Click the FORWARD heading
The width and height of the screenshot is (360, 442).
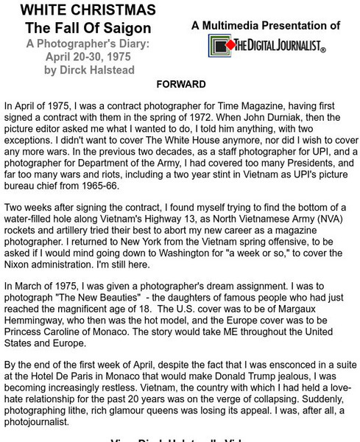click(x=181, y=84)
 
